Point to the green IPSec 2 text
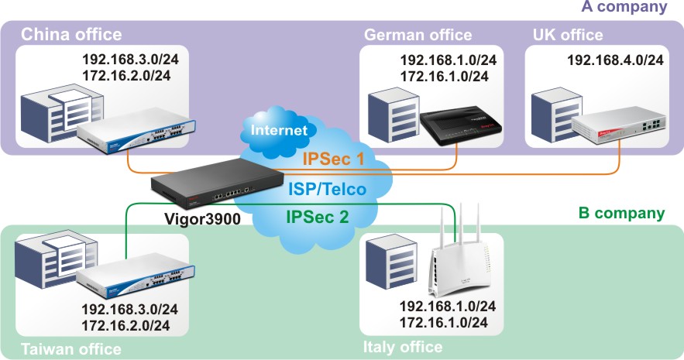pos(318,217)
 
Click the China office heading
pos(71,34)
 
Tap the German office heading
pos(418,35)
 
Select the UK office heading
pos(568,35)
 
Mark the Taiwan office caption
pos(71,349)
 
